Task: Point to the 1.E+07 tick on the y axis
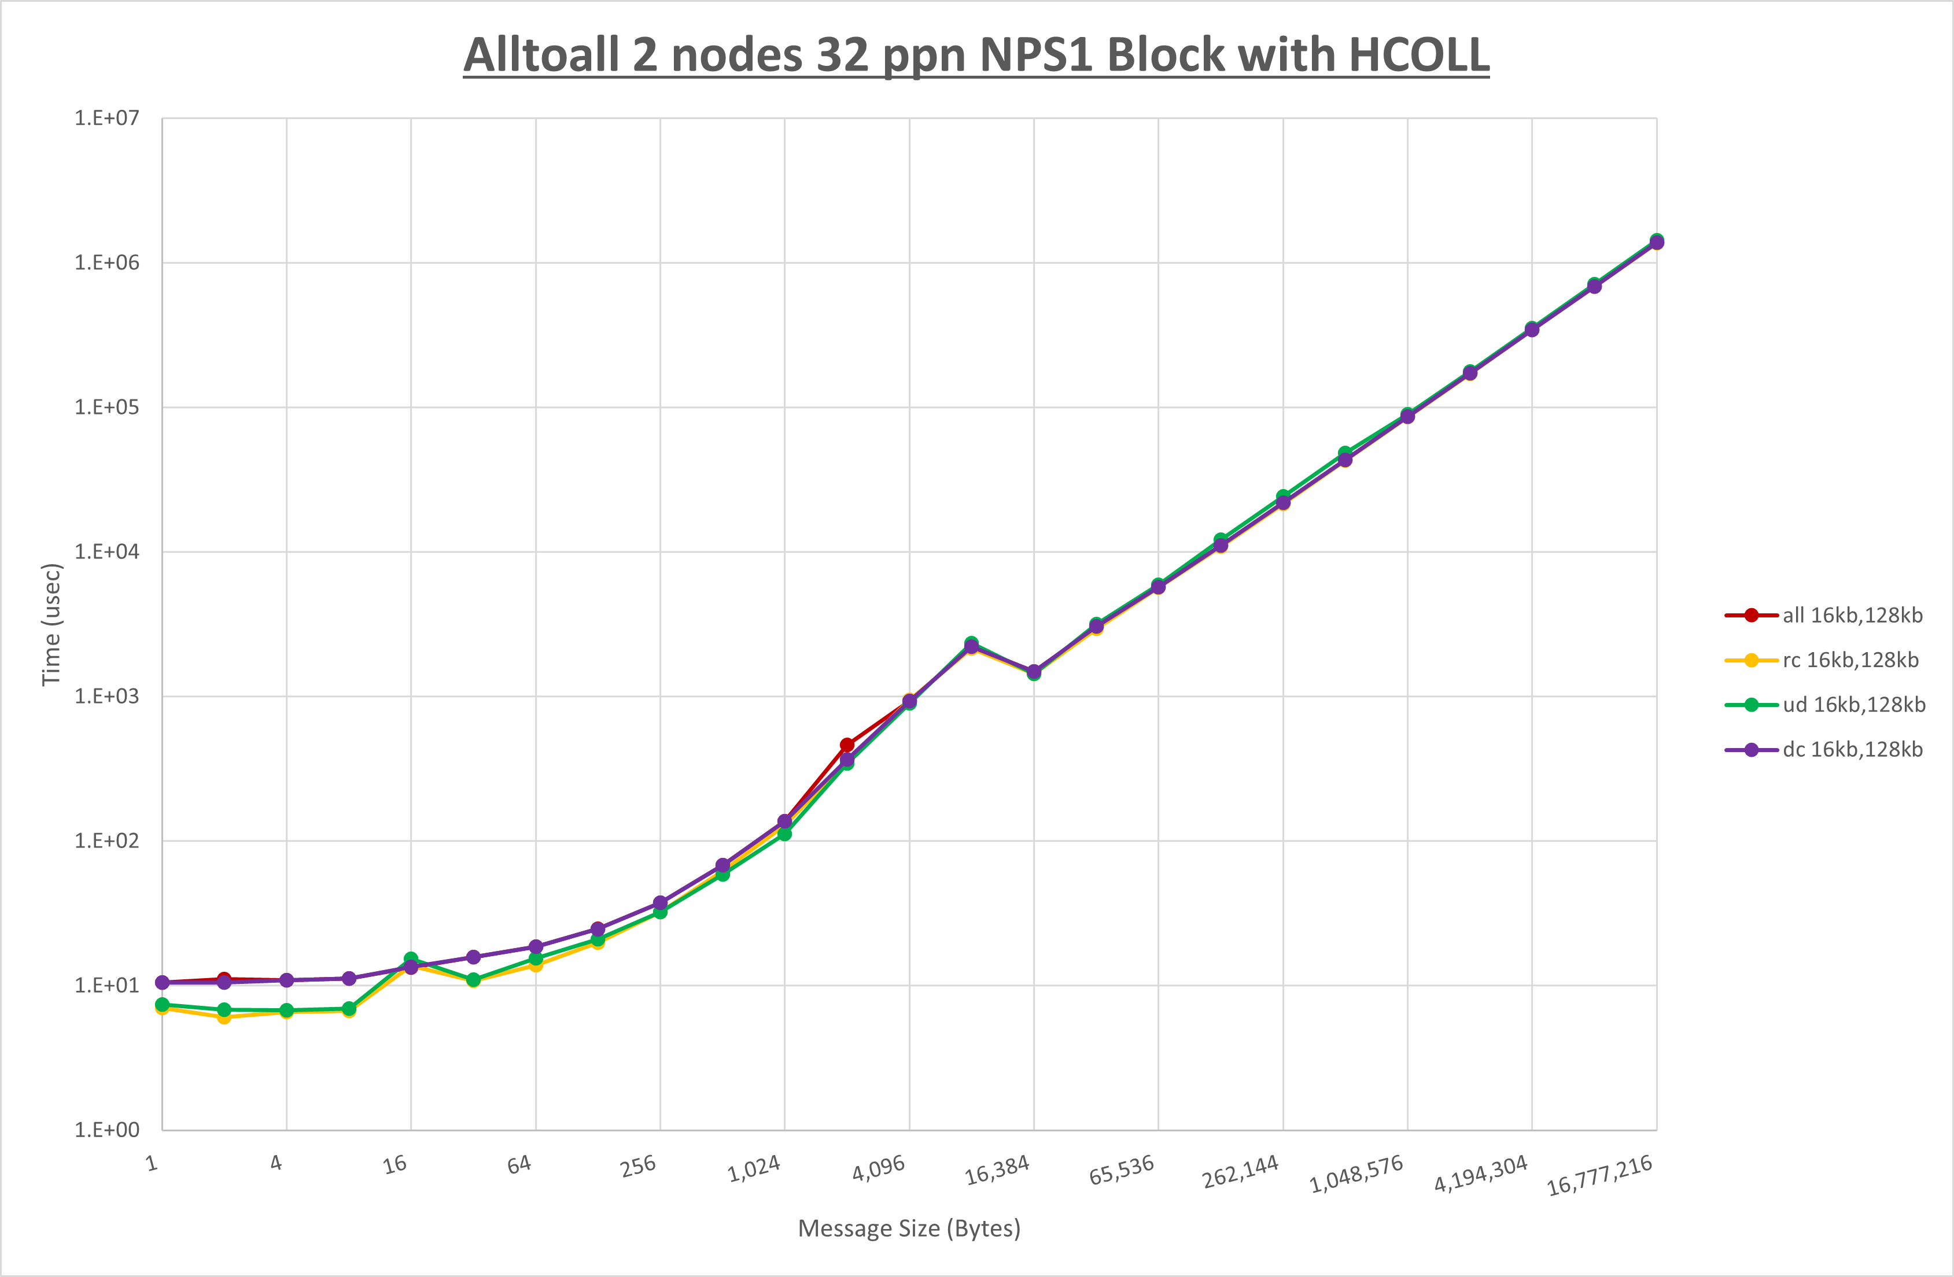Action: (107, 118)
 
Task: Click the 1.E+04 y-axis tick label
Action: (107, 551)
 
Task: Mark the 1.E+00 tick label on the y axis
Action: (107, 1130)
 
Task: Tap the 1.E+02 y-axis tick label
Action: (107, 841)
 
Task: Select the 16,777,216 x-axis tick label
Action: (1599, 1176)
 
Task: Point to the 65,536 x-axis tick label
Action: (1122, 1170)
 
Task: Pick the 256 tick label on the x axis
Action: (639, 1165)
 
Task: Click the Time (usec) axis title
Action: (51, 624)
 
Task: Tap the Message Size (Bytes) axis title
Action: (909, 1228)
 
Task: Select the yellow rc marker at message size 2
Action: (224, 1017)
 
